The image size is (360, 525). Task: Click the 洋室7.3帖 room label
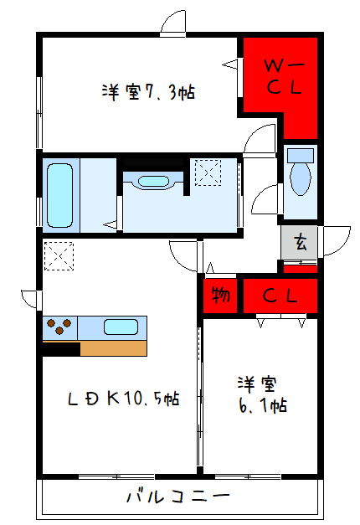(149, 92)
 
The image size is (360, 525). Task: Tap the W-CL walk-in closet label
(278, 75)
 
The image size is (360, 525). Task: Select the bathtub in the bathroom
(60, 193)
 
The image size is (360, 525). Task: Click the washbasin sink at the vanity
(152, 182)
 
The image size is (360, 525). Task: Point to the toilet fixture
(299, 176)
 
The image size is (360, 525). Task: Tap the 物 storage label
(220, 295)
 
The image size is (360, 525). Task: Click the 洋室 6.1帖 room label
(262, 394)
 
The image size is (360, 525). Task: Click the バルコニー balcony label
(178, 497)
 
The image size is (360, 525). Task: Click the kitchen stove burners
(61, 326)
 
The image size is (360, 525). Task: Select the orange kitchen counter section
(113, 347)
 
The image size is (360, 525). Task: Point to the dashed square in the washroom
(207, 172)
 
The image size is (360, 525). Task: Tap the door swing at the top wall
(173, 23)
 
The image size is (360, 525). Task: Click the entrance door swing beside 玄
(334, 242)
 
